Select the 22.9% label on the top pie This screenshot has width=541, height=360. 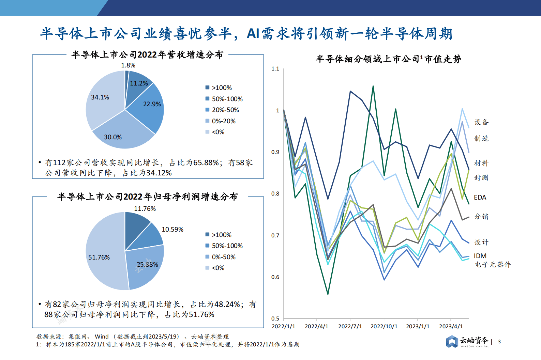click(152, 104)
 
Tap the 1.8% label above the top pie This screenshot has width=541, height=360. click(128, 65)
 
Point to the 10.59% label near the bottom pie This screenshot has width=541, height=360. click(172, 230)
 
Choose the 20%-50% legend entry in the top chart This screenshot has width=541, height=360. click(225, 110)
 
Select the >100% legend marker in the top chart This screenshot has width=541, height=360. click(207, 88)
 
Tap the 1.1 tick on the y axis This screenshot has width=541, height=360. click(275, 69)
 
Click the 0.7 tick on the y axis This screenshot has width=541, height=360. click(275, 235)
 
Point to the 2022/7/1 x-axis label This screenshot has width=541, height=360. click(350, 326)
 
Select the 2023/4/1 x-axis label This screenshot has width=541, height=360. click(451, 326)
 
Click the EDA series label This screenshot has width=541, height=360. click(480, 198)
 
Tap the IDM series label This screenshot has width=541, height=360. click(480, 256)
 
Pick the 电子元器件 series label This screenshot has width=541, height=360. click(493, 265)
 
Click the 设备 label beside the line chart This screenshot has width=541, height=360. click(481, 122)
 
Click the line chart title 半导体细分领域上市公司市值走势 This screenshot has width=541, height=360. click(388, 59)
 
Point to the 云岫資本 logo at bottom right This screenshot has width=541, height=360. click(467, 341)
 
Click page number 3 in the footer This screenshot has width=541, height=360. click(499, 342)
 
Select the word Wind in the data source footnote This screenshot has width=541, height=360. click(102, 336)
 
